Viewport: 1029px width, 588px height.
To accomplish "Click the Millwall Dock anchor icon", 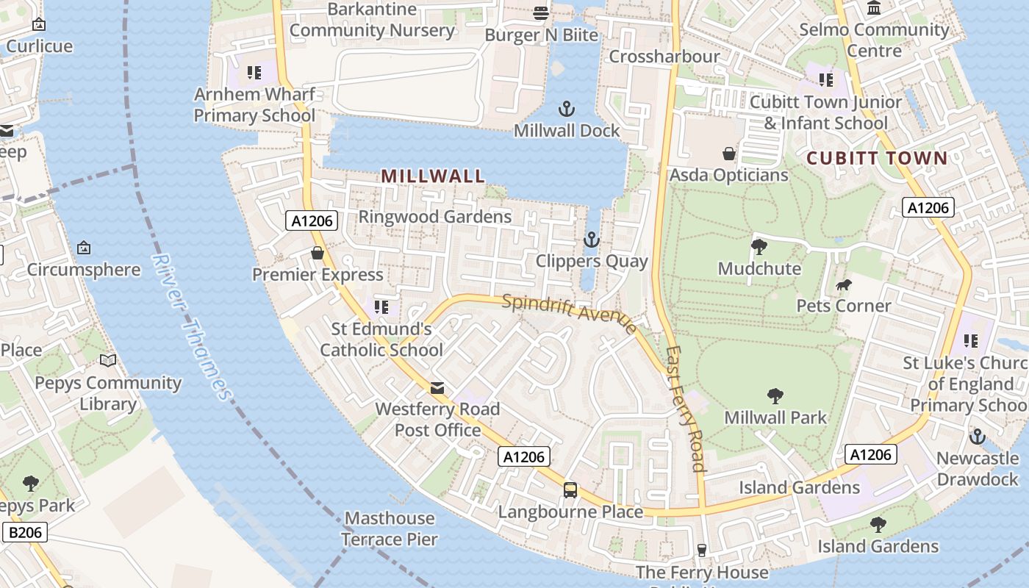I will click(566, 110).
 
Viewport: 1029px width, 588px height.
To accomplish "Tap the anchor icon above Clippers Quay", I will click(591, 240).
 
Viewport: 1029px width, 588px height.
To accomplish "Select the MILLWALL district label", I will click(433, 176).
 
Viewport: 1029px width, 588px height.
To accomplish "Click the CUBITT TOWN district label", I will click(877, 158).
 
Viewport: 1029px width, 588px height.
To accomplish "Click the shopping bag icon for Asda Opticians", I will click(729, 154).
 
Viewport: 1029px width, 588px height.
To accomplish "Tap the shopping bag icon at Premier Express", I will click(318, 253).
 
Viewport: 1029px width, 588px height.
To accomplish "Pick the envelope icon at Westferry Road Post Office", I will click(437, 387).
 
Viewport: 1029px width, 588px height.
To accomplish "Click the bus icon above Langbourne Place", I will click(570, 490).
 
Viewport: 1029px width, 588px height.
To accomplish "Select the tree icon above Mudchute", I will click(759, 247).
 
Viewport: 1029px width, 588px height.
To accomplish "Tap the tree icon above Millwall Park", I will click(775, 396).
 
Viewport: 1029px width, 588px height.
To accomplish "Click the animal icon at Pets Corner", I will click(844, 284).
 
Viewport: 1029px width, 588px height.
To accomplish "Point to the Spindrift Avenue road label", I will click(570, 313).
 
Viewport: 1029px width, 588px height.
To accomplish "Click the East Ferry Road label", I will click(686, 409).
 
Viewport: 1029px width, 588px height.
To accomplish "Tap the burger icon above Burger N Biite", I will click(541, 12).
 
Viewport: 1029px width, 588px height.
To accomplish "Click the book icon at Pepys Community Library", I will click(108, 360).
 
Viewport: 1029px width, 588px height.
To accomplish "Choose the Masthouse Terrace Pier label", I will click(390, 528).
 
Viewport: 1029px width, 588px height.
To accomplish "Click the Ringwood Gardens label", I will click(434, 217).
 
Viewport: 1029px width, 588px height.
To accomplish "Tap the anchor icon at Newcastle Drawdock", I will click(977, 437).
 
